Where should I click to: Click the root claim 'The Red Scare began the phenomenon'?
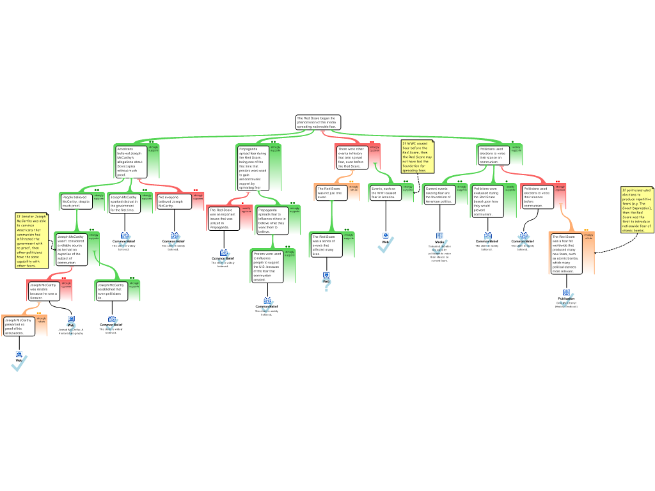point(317,122)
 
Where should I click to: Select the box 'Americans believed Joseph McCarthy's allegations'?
point(130,161)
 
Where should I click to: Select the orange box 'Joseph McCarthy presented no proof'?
point(19,326)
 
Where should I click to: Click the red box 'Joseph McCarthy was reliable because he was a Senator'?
point(43,291)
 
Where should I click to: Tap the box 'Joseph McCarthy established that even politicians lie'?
point(111,291)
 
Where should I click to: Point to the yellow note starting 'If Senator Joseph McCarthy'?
point(31,240)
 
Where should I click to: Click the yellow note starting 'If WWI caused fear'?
point(417,157)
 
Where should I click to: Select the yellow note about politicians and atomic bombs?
point(636,210)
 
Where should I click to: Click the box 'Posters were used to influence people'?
point(267,266)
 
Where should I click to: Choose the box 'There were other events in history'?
point(352,157)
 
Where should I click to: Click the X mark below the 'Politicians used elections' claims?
point(523,242)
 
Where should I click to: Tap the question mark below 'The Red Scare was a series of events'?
point(326,283)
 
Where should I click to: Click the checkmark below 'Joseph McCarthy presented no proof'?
point(19,363)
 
